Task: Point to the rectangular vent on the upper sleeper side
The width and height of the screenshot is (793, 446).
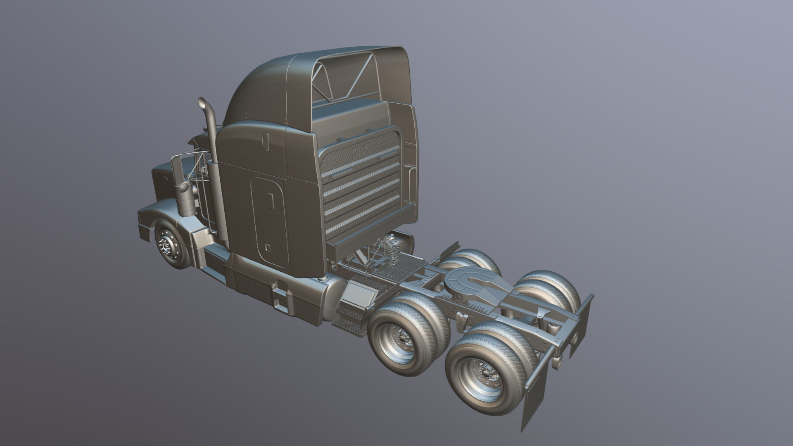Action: (x=265, y=140)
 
